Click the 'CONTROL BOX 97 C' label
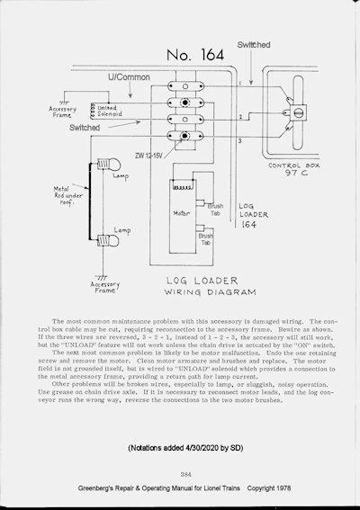(292, 172)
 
